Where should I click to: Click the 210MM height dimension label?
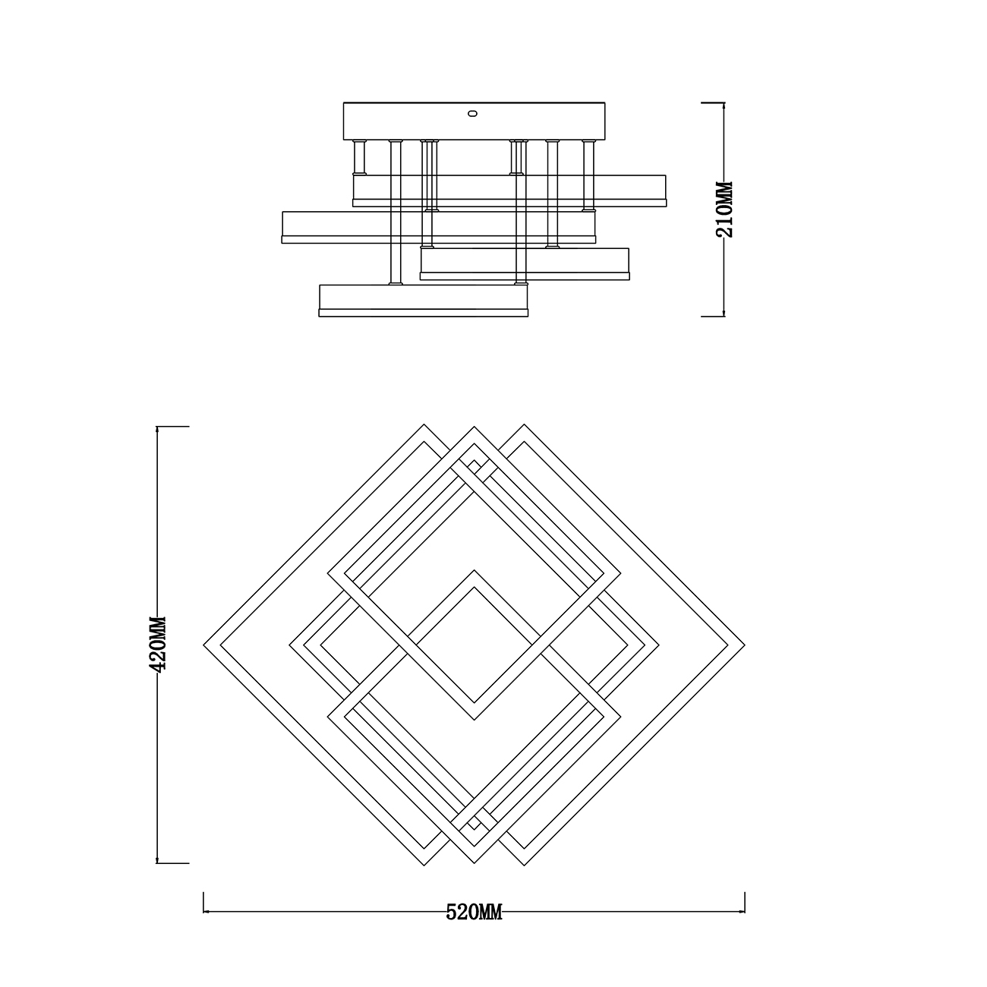coord(724,209)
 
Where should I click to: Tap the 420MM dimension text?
coord(157,644)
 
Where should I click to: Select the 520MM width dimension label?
coord(474,912)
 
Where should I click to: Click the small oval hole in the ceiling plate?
coord(473,113)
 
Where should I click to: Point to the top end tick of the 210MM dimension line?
coord(712,102)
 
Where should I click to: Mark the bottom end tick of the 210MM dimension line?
coord(712,316)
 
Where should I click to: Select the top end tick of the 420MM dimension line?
coord(172,426)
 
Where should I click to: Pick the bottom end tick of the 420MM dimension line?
coord(172,863)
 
